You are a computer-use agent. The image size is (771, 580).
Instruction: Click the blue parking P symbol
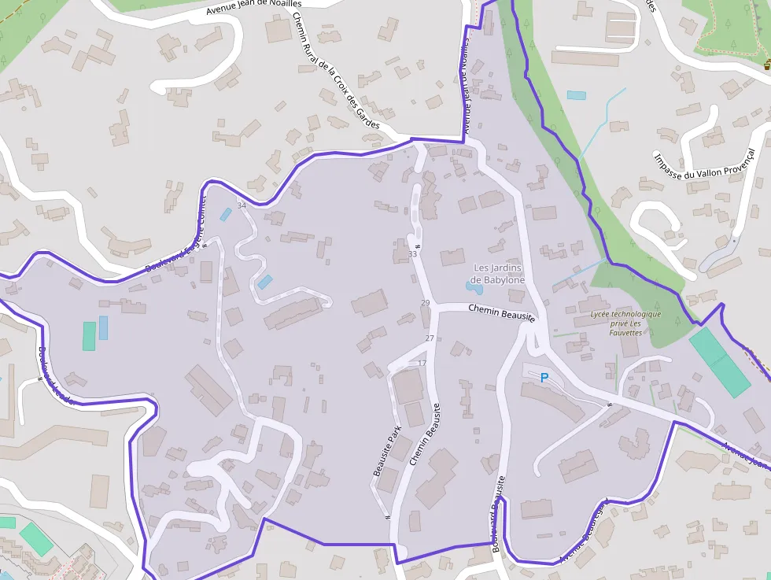coord(544,378)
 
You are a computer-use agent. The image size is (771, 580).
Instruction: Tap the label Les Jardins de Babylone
coord(497,274)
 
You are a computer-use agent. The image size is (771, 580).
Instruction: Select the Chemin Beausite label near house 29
coord(501,312)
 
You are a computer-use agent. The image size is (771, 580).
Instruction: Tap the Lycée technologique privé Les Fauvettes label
coord(625,323)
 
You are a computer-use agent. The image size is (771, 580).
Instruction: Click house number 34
coord(242,205)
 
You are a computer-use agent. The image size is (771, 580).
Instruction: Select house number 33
coord(413,254)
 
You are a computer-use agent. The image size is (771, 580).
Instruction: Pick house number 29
coord(426,303)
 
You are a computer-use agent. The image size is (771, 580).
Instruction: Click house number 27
coord(430,338)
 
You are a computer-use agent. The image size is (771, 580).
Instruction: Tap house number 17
coord(422,363)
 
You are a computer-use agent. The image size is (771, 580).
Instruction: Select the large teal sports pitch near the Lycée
coord(719,362)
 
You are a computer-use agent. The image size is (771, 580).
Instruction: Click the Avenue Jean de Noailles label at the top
coord(254,8)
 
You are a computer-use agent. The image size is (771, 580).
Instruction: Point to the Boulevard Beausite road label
coord(498,513)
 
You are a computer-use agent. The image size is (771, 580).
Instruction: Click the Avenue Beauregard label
coord(585,531)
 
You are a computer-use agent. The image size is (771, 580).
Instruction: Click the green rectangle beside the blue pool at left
coord(89,336)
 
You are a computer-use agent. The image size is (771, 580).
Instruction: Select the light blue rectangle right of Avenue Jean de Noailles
coord(577,95)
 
